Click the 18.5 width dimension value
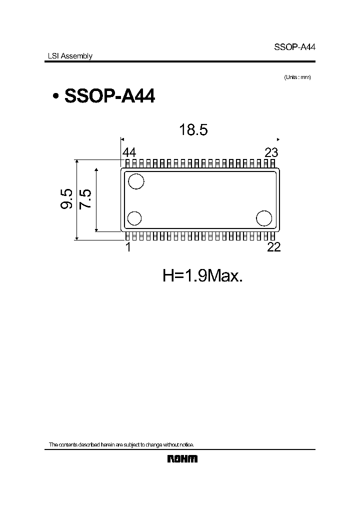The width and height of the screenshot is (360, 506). point(193,130)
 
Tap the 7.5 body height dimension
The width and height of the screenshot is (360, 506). point(85,199)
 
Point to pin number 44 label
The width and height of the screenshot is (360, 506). point(129,153)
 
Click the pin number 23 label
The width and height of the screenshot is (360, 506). point(271,153)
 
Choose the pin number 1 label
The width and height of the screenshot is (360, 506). point(128,247)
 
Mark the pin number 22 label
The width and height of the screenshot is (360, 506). point(273,247)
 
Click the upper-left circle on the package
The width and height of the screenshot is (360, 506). point(135,181)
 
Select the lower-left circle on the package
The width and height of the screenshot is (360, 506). point(134,218)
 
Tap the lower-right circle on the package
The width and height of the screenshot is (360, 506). point(264,218)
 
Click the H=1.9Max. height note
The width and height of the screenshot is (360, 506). point(203,275)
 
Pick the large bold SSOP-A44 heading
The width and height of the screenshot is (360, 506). point(109,96)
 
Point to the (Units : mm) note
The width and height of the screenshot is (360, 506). point(297,77)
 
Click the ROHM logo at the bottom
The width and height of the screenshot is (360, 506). point(182,458)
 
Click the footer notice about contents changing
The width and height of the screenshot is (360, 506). point(120,444)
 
